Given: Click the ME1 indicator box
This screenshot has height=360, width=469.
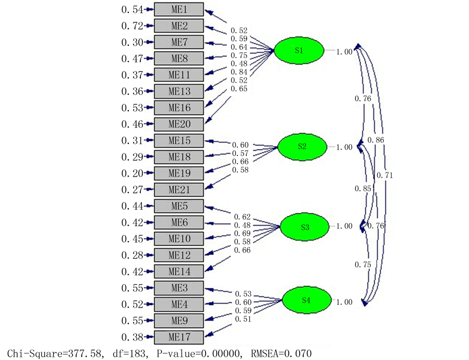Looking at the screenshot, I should coord(179,9).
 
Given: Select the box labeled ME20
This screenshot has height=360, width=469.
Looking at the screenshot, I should coord(179,124).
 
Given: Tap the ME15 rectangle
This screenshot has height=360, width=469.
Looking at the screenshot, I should coord(179,141).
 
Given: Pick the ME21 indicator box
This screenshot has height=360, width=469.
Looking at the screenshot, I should coord(179,190).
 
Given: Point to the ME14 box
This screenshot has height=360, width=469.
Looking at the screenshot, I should coord(179,271).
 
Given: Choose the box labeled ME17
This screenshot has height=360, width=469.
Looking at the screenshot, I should coord(179,337).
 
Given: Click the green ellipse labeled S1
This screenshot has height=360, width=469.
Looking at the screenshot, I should coord(299,50).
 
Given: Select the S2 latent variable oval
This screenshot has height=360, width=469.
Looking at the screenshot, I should coord(302,146).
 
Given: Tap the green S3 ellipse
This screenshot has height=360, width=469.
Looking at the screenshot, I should coord(304,227).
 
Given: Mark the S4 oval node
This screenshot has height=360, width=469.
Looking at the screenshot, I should coord(306,300).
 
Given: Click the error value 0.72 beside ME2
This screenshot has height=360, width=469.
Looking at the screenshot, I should coord(131,26).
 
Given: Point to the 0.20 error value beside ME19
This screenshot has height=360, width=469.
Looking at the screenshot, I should coord(131,174).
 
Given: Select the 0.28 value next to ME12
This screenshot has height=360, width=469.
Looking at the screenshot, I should coord(131,255).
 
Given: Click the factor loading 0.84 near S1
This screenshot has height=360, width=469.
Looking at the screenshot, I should coord(240,72).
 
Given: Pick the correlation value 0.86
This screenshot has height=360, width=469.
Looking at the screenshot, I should coord(376,140).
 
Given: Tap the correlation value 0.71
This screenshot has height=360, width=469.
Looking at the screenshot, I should coord(385,176).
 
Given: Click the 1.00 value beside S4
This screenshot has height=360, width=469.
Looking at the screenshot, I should coord(344,302).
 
